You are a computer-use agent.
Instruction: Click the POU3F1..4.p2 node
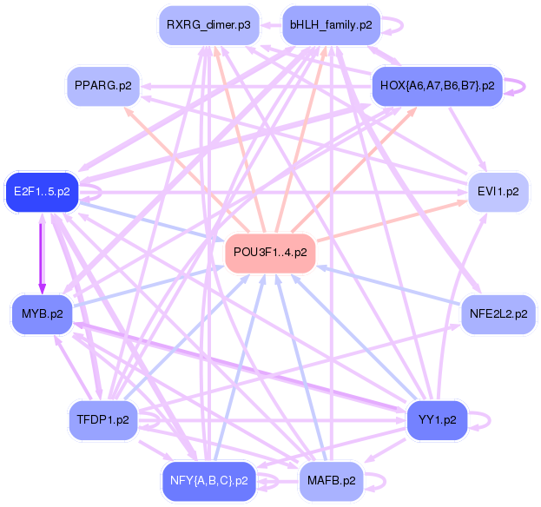point(270,253)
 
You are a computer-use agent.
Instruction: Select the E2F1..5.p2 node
point(42,191)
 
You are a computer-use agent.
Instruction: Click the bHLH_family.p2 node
point(332,24)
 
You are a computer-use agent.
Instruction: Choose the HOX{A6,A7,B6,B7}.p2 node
point(437,86)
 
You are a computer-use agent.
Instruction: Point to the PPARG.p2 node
point(103,86)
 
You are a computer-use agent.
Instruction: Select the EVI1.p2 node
point(498,191)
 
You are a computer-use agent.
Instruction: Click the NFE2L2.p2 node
point(498,313)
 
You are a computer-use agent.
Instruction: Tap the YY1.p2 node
point(437,420)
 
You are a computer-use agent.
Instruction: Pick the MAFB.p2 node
point(331,480)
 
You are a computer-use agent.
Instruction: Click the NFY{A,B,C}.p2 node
point(208,480)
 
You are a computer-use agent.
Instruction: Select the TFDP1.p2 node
point(103,420)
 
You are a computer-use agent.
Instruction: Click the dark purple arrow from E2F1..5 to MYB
point(41,252)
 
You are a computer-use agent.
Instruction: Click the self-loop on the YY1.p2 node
point(480,420)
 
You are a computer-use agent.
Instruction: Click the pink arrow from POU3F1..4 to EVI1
point(391,221)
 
